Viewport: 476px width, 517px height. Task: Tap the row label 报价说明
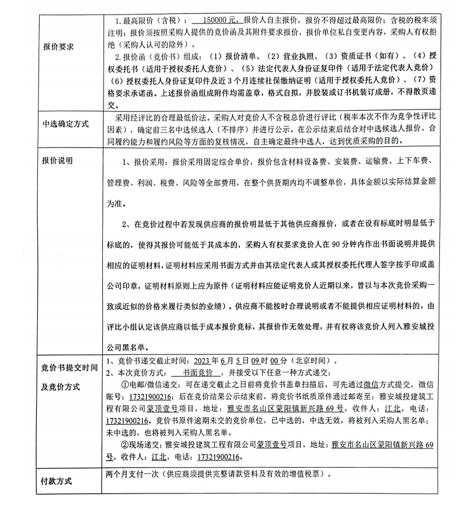pyautogui.click(x=60, y=162)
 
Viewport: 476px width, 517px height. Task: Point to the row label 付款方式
pyautogui.click(x=59, y=482)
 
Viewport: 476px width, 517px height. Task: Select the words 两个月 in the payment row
pyautogui.click(x=120, y=474)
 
